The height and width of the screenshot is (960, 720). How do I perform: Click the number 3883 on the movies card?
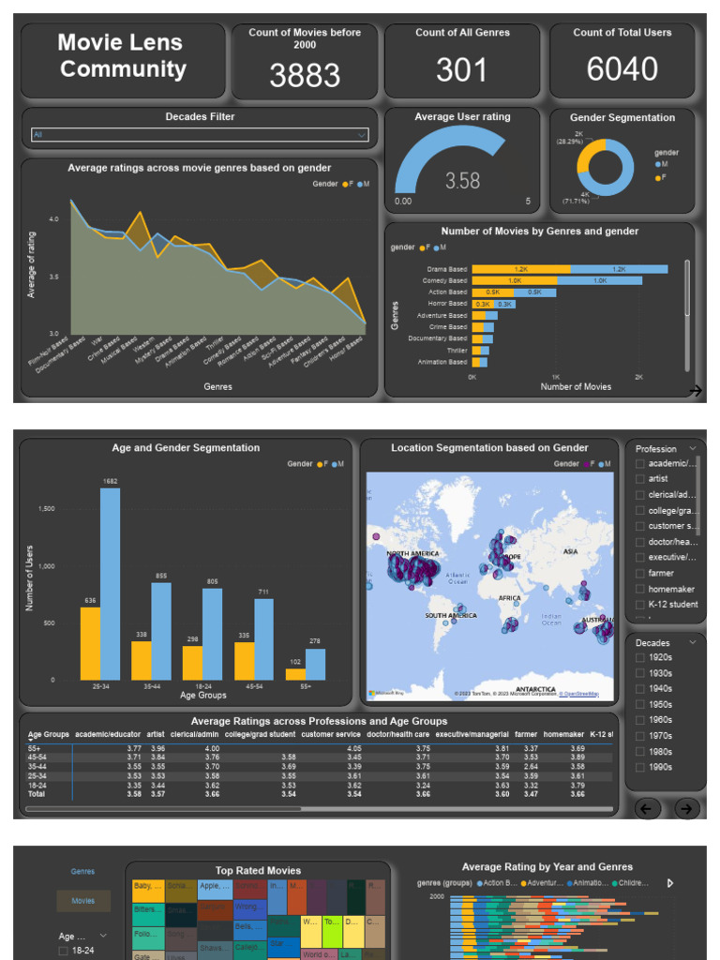point(305,75)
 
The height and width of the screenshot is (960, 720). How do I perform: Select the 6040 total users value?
point(622,68)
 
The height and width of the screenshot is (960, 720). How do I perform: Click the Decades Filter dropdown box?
point(199,135)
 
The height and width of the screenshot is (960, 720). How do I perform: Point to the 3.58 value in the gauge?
point(462,181)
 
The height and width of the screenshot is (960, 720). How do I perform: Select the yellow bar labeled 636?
point(90,643)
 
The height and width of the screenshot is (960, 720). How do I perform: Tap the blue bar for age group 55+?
point(314,664)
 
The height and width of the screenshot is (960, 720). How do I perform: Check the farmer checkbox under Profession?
point(640,573)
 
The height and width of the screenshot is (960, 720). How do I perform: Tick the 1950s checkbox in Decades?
point(640,704)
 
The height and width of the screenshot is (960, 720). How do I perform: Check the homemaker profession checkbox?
point(640,589)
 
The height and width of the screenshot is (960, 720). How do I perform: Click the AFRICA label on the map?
point(510,597)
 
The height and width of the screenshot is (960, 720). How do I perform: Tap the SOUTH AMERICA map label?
point(450,616)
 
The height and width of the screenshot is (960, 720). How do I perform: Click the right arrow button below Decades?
point(686,808)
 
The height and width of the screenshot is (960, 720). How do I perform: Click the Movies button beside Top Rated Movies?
point(83,901)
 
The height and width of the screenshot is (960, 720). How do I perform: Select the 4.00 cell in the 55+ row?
point(212,748)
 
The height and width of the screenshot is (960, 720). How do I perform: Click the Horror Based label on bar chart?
point(445,304)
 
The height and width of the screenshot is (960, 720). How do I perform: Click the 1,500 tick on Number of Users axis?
point(45,508)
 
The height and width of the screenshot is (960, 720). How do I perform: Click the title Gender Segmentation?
point(622,118)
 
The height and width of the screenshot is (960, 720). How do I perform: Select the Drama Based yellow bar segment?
point(520,269)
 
